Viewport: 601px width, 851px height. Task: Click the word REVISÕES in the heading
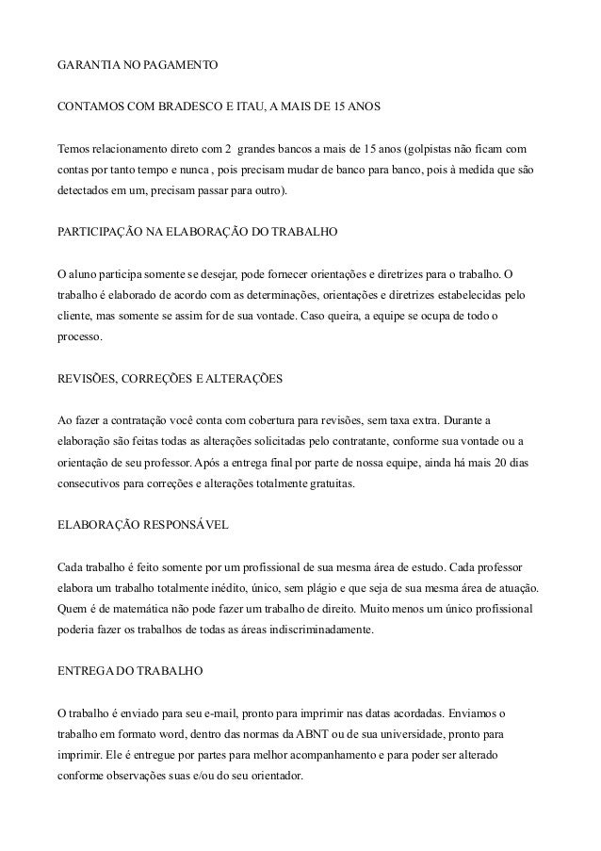(x=87, y=377)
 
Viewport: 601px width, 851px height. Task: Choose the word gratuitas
(x=325, y=481)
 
